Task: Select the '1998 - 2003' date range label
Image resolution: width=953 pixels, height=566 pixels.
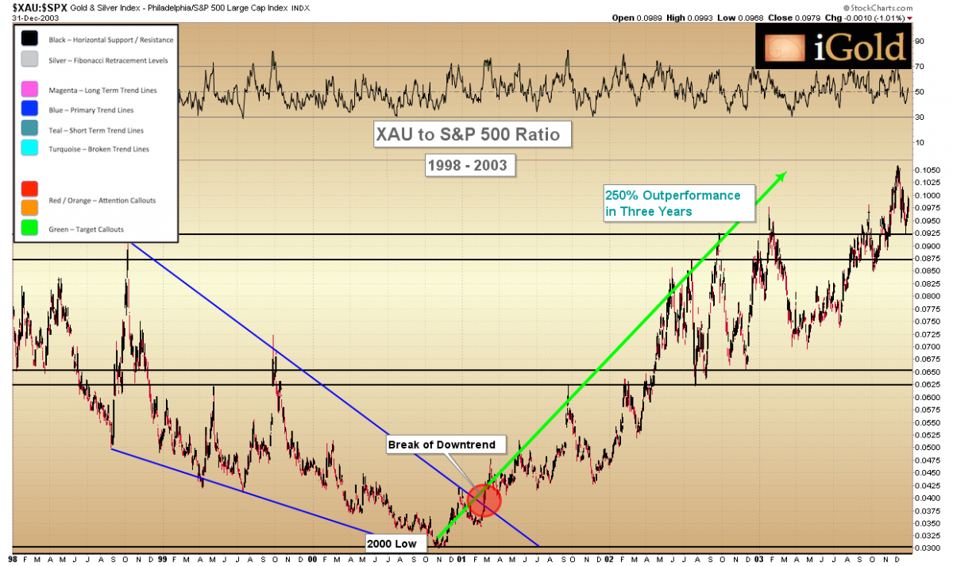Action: click(x=468, y=166)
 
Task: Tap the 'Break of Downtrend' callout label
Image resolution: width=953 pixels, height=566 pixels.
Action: click(x=442, y=445)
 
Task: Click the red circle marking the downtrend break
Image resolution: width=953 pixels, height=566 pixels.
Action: click(x=484, y=500)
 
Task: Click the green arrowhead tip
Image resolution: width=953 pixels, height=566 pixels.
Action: click(x=785, y=173)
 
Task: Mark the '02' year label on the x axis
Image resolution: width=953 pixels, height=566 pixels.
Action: click(x=609, y=559)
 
